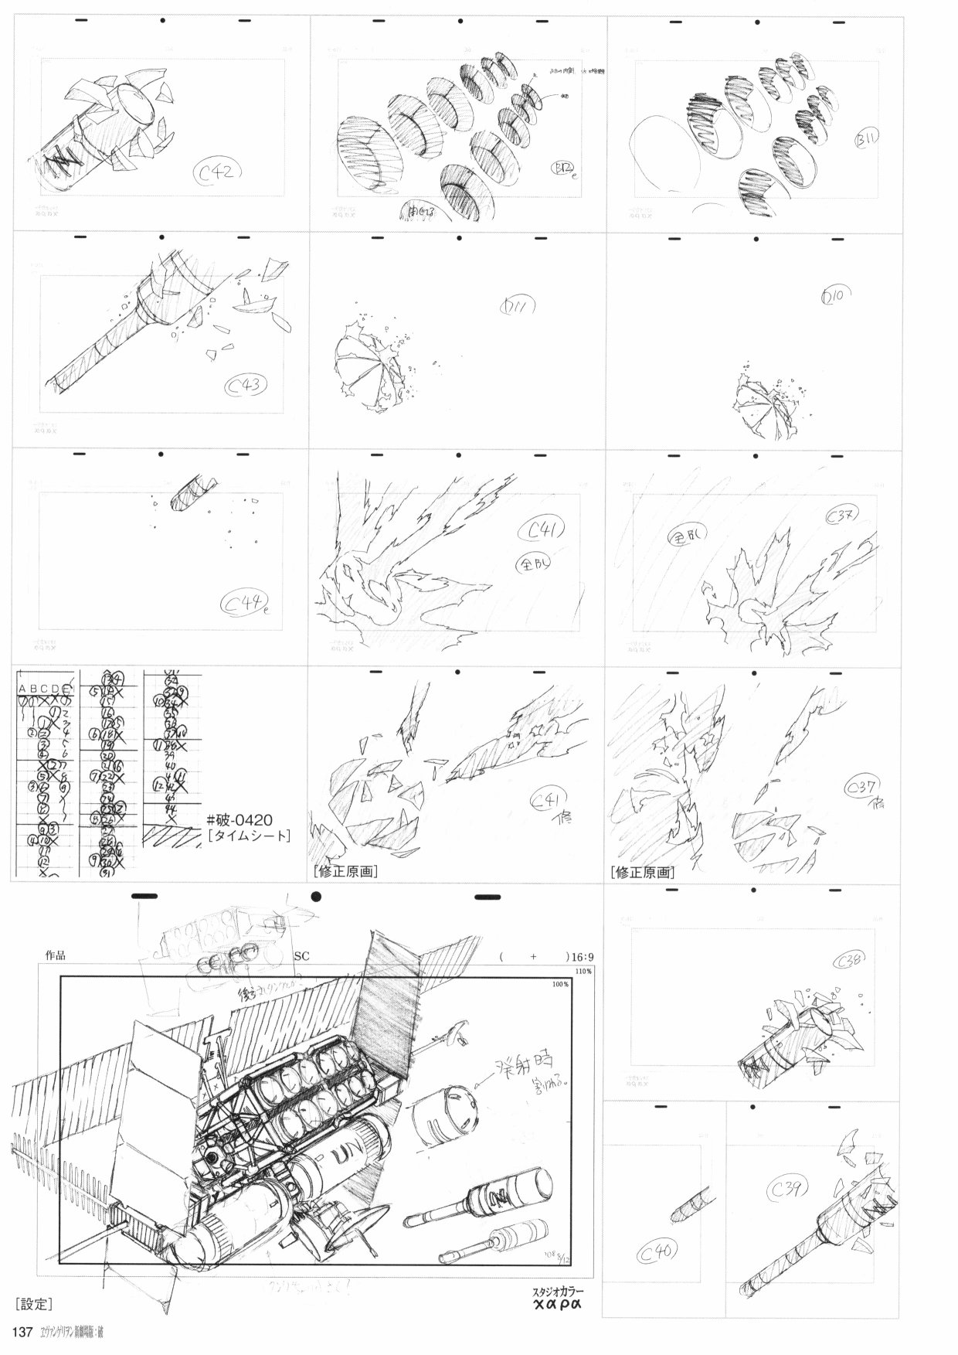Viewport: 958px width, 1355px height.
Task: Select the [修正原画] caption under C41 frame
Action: click(x=345, y=871)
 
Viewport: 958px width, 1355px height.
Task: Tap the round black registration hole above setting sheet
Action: click(x=316, y=897)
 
